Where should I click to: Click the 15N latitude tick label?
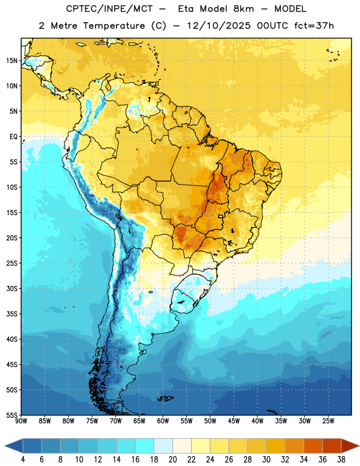pos(12,61)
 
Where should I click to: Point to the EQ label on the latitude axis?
pos(13,137)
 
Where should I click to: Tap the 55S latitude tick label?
pos(12,415)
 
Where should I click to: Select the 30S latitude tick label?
pos(12,288)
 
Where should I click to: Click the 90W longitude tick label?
pos(21,421)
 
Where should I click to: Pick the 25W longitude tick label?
pos(328,421)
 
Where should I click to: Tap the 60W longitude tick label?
pos(163,421)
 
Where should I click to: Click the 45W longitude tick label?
pos(234,421)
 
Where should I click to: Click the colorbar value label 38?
pos(341,460)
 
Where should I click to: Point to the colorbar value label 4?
pos(23,460)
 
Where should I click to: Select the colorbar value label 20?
pos(172,460)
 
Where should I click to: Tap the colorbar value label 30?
pos(266,460)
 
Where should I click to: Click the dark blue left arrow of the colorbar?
pos(14,446)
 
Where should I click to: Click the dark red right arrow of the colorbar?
pos(350,446)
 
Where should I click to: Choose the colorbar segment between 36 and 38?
pos(332,446)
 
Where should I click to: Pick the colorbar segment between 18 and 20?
pos(163,446)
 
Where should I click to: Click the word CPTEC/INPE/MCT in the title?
pos(110,9)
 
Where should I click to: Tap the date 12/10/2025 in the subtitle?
pos(219,26)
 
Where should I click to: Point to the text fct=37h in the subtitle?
pos(314,26)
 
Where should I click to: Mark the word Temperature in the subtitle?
pos(114,26)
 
